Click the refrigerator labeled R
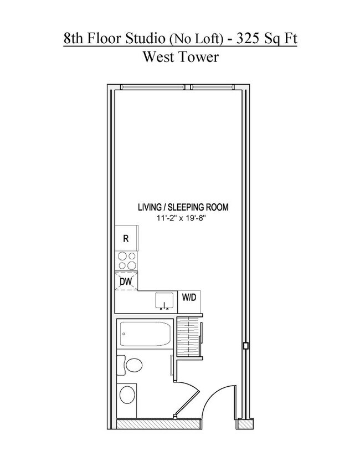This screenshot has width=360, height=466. (x=126, y=238)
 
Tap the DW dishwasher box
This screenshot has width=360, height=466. (x=126, y=281)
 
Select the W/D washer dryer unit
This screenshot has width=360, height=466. (x=189, y=301)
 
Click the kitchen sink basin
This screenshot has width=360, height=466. (x=164, y=300)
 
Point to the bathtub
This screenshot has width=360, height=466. (x=145, y=334)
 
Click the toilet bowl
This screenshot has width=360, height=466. (x=133, y=365)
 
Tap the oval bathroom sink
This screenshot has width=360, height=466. (x=127, y=395)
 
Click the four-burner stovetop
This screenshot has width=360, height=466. (x=127, y=260)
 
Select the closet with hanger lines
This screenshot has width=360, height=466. (x=189, y=336)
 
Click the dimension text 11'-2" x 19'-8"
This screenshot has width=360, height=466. (x=182, y=218)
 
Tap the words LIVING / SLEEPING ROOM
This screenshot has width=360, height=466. (x=183, y=207)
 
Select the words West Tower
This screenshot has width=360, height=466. (x=181, y=57)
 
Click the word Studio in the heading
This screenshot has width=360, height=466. (x=146, y=39)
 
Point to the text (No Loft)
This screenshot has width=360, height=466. (x=196, y=39)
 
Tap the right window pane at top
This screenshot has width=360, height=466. (x=212, y=87)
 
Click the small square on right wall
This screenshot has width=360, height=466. (x=245, y=346)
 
